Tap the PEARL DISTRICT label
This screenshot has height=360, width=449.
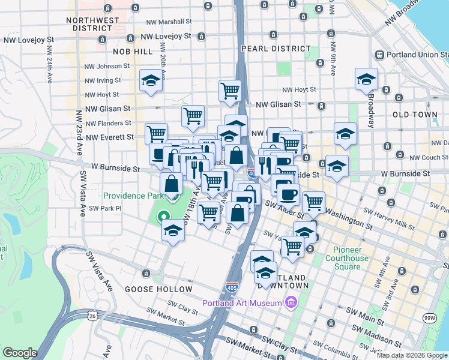point(276,49)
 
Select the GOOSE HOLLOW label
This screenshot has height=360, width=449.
point(158,289)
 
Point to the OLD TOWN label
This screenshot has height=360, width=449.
point(415,114)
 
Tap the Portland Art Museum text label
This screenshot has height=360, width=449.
point(242,303)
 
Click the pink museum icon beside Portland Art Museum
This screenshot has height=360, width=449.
point(292,302)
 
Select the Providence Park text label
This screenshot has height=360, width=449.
point(133,196)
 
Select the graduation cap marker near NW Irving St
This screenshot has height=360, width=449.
point(151,80)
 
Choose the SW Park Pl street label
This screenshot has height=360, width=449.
point(105,208)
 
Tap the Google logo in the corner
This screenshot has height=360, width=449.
point(20,353)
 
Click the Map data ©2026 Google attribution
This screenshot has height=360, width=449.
point(412,355)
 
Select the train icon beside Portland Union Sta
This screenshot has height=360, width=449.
point(379,55)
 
